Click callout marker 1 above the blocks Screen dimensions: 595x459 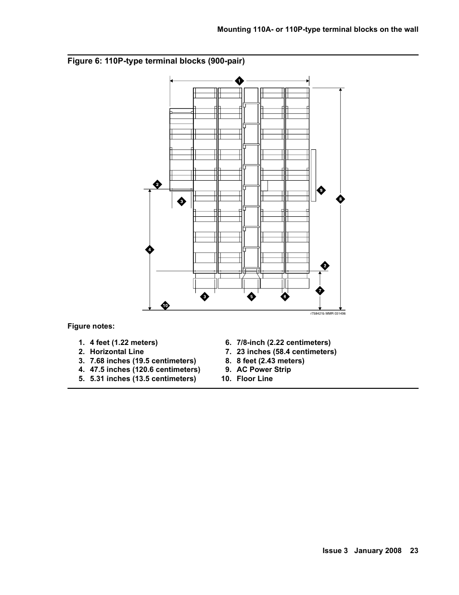[239, 81]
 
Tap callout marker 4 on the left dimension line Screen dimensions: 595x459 [150, 250]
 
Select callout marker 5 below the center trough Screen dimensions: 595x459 [251, 297]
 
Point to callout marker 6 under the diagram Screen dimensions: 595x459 [285, 297]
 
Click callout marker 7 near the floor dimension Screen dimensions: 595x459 [320, 291]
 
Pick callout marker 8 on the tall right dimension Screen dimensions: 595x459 [340, 199]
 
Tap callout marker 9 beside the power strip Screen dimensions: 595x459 [321, 190]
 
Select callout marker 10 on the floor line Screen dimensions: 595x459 [165, 305]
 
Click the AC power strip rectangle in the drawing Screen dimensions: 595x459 [314, 175]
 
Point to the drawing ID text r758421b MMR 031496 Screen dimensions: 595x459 [328, 314]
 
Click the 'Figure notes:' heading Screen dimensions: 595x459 [91, 326]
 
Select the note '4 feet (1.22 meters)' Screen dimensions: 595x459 [124, 343]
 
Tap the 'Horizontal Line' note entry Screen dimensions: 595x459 [116, 352]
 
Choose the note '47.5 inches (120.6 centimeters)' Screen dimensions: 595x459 [145, 370]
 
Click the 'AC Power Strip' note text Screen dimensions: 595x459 [264, 370]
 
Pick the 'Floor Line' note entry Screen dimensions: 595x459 [255, 379]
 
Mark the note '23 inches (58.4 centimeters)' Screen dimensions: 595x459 [286, 352]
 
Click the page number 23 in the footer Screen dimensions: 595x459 [414, 551]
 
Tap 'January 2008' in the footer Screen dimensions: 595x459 [378, 551]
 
